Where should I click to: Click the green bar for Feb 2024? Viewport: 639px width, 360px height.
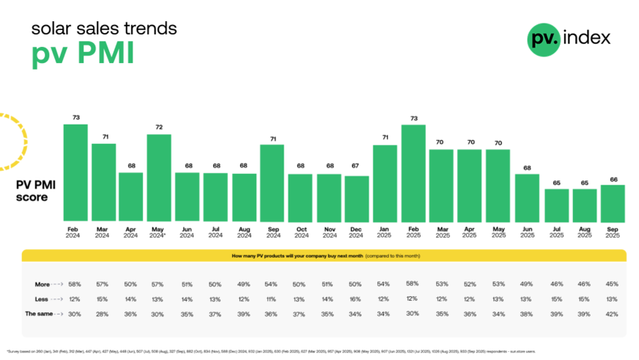click(75, 173)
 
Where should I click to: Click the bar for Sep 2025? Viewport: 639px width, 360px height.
click(613, 204)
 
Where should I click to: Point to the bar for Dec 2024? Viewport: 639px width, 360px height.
click(357, 199)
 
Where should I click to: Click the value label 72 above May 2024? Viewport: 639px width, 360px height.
click(159, 128)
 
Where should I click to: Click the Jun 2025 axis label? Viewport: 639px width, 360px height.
click(527, 232)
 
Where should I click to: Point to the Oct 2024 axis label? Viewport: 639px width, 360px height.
click(300, 232)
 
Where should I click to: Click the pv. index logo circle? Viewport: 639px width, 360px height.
click(543, 38)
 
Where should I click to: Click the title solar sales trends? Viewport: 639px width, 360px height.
click(103, 29)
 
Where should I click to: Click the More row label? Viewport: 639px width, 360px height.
click(43, 284)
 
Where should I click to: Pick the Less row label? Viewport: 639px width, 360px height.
click(43, 298)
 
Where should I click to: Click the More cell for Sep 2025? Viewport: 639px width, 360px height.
click(613, 284)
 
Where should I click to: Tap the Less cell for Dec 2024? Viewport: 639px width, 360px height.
click(357, 298)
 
